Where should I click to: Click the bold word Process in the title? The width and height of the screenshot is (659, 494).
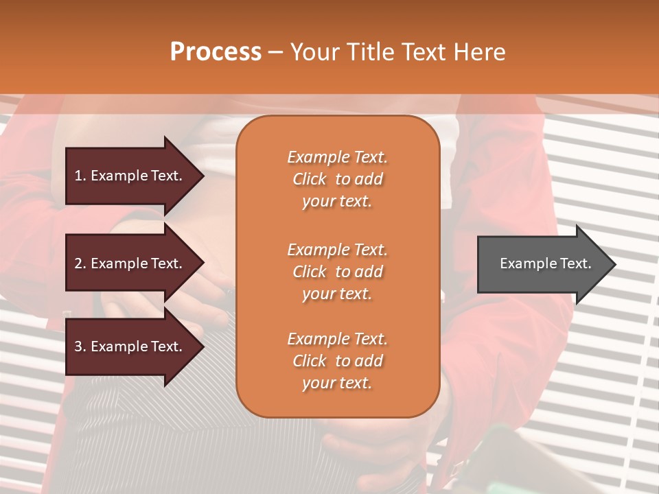click(x=216, y=52)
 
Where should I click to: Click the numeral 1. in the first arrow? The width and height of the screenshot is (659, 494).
click(x=80, y=176)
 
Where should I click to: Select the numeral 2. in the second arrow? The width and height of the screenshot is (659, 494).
click(x=80, y=263)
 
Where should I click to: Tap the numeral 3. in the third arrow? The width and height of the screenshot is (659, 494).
click(x=80, y=346)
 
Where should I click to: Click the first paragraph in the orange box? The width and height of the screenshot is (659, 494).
click(x=337, y=179)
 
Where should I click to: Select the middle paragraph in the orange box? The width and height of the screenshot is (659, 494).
click(x=337, y=272)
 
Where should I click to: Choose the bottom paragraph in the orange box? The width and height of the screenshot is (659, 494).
click(x=337, y=361)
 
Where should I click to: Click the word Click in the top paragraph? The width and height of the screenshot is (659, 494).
click(x=310, y=179)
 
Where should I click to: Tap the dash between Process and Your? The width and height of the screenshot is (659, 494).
click(x=275, y=52)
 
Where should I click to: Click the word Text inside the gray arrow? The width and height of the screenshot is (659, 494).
click(x=575, y=263)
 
